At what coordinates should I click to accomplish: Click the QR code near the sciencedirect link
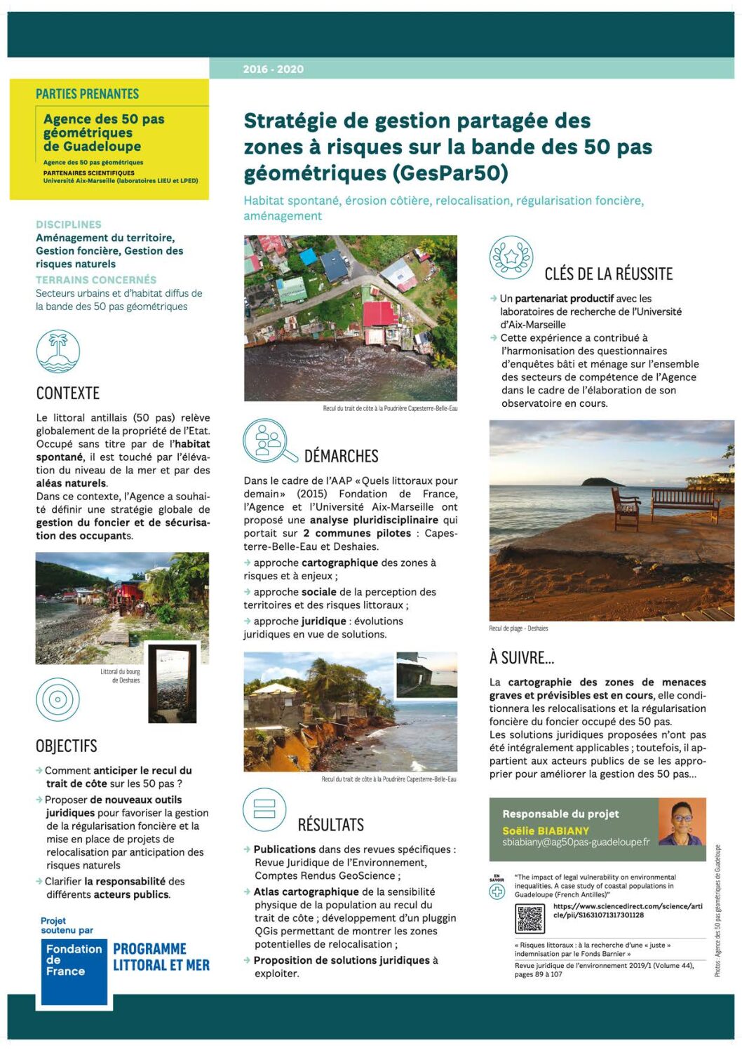[x=529, y=918]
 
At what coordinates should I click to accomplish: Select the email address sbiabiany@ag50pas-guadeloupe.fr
[x=576, y=842]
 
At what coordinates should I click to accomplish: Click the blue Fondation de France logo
[x=74, y=971]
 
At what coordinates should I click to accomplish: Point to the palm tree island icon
[x=58, y=351]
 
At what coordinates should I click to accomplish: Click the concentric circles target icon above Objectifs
[x=58, y=699]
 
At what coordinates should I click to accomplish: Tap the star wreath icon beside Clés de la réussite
[x=511, y=257]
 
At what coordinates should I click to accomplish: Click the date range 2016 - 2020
[x=274, y=69]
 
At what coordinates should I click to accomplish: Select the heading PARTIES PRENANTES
[x=88, y=94]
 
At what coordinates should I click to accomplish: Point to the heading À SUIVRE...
[x=522, y=658]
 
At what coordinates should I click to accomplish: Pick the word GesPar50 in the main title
[x=450, y=173]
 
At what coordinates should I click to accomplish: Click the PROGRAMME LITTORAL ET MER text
[x=161, y=957]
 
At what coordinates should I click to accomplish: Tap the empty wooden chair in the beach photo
[x=626, y=507]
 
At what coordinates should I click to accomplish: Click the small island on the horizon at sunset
[x=602, y=482]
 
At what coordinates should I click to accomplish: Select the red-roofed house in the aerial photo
[x=381, y=314]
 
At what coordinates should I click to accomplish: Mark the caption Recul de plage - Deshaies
[x=518, y=628]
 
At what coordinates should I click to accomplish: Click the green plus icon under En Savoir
[x=497, y=891]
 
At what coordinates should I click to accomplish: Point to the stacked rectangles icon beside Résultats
[x=264, y=809]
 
